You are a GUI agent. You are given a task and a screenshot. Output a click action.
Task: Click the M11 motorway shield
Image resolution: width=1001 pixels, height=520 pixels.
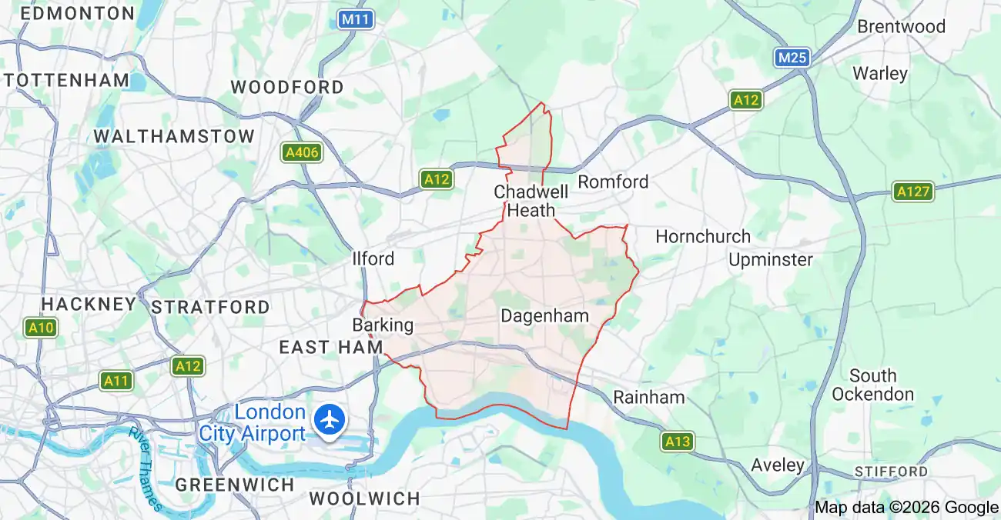(x=356, y=19)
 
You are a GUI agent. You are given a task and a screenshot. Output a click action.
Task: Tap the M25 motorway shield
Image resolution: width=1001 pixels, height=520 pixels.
(x=793, y=58)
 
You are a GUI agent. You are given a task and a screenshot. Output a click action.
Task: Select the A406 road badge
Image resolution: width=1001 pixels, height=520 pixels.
(x=301, y=152)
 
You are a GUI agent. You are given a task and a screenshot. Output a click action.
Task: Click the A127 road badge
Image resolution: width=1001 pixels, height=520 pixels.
(x=913, y=192)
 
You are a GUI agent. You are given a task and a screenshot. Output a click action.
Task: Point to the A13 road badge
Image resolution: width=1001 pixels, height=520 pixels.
(x=678, y=442)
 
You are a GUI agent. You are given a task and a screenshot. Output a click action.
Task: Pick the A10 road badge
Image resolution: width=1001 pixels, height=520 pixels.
(x=41, y=328)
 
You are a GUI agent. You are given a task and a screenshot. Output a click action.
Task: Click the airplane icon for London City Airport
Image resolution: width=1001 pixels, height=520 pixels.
(x=331, y=421)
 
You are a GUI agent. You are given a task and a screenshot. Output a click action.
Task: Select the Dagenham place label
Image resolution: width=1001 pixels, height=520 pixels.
(x=544, y=316)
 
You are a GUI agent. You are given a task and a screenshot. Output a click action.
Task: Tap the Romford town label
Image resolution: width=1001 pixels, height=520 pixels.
(x=613, y=182)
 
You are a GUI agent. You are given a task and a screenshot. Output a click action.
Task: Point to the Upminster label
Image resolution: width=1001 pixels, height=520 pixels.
(x=770, y=259)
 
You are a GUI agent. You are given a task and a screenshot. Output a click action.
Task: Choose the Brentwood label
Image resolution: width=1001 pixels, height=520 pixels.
(x=901, y=26)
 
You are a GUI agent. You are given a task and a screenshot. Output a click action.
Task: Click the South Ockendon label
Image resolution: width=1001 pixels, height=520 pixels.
(x=872, y=385)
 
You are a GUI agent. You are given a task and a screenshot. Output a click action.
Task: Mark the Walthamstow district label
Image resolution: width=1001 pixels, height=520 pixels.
(x=174, y=136)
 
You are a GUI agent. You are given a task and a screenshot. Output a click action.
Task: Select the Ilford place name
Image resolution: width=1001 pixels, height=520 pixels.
(x=373, y=258)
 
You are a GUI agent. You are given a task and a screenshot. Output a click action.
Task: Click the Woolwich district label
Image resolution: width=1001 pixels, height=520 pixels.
(x=364, y=498)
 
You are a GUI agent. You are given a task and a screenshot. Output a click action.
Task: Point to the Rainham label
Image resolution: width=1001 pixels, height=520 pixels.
(x=648, y=398)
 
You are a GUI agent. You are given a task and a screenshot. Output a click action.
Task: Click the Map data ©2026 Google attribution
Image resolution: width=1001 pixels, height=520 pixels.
(x=906, y=507)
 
